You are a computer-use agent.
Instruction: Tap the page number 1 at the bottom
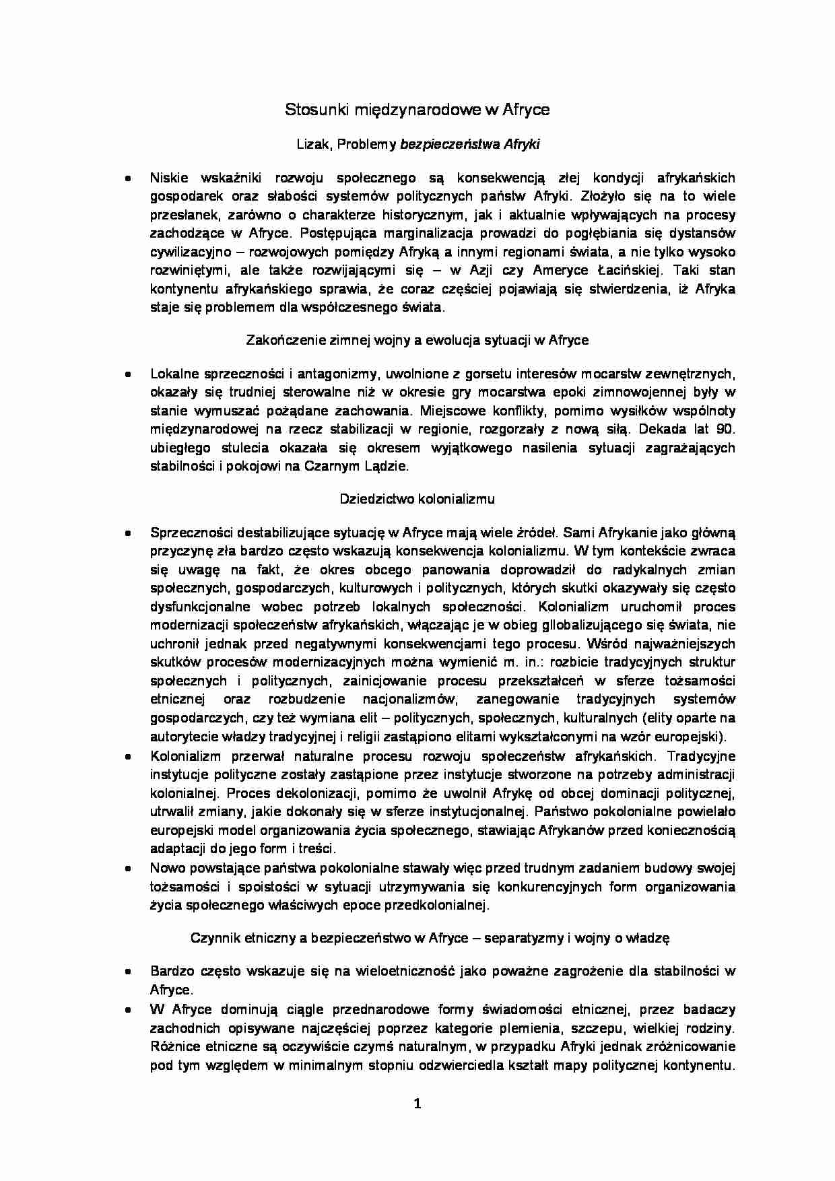pyautogui.click(x=417, y=1103)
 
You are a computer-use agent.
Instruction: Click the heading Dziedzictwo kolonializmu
pyautogui.click(x=417, y=499)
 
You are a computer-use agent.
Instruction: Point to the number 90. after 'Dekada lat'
pyautogui.click(x=723, y=429)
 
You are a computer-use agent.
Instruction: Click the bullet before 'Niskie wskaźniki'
pyautogui.click(x=127, y=179)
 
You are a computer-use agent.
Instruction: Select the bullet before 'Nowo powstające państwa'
pyautogui.click(x=127, y=869)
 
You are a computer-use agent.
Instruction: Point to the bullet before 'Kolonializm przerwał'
pyautogui.click(x=127, y=757)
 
